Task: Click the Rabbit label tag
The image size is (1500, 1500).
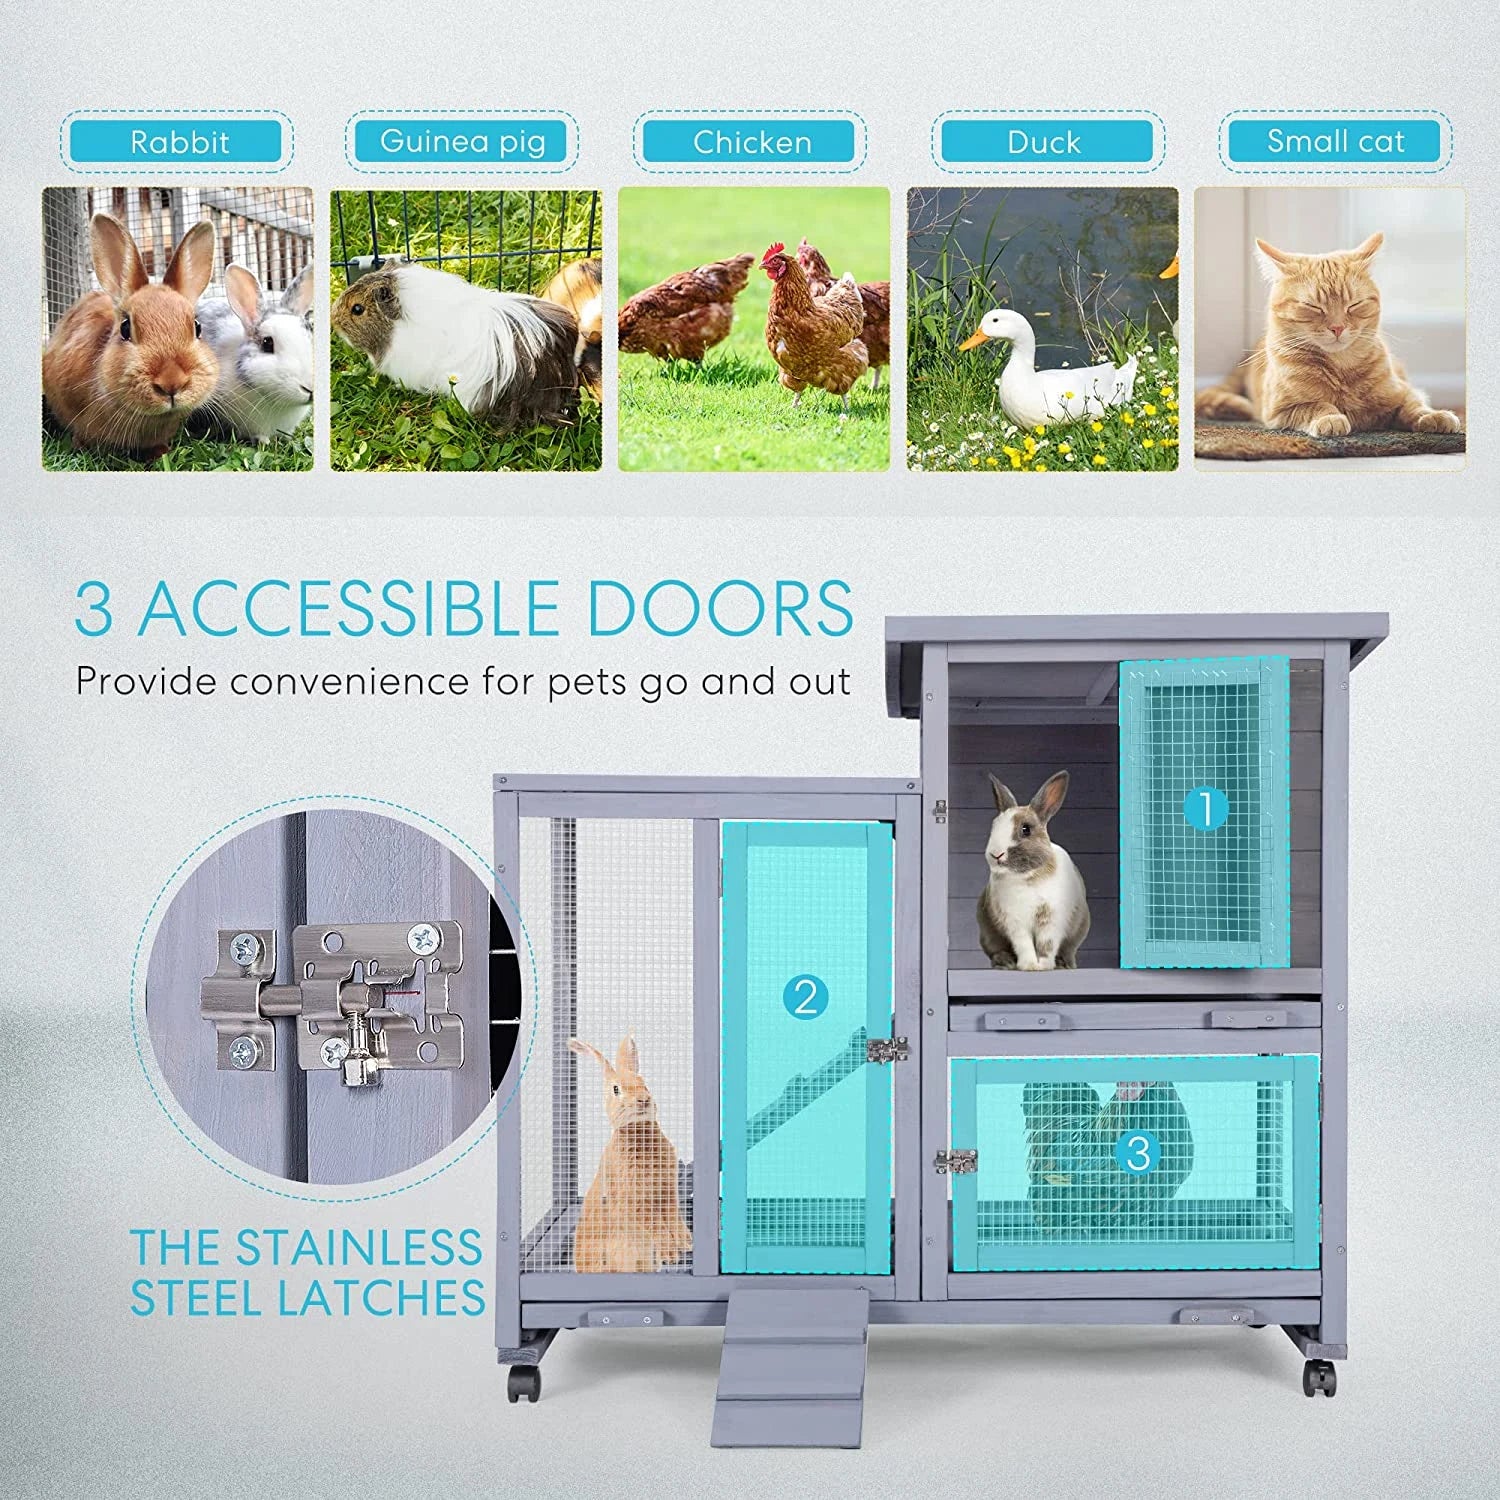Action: (179, 142)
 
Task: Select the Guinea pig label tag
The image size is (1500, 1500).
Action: (462, 141)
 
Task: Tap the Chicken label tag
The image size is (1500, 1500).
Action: (751, 142)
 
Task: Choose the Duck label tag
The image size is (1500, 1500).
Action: (1044, 142)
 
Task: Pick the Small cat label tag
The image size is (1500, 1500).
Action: (1335, 141)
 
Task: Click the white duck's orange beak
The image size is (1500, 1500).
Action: (973, 339)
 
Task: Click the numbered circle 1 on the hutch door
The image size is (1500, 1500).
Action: (1205, 808)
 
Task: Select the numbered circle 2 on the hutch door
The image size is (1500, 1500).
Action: (806, 997)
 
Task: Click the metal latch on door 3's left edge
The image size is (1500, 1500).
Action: (955, 1162)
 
